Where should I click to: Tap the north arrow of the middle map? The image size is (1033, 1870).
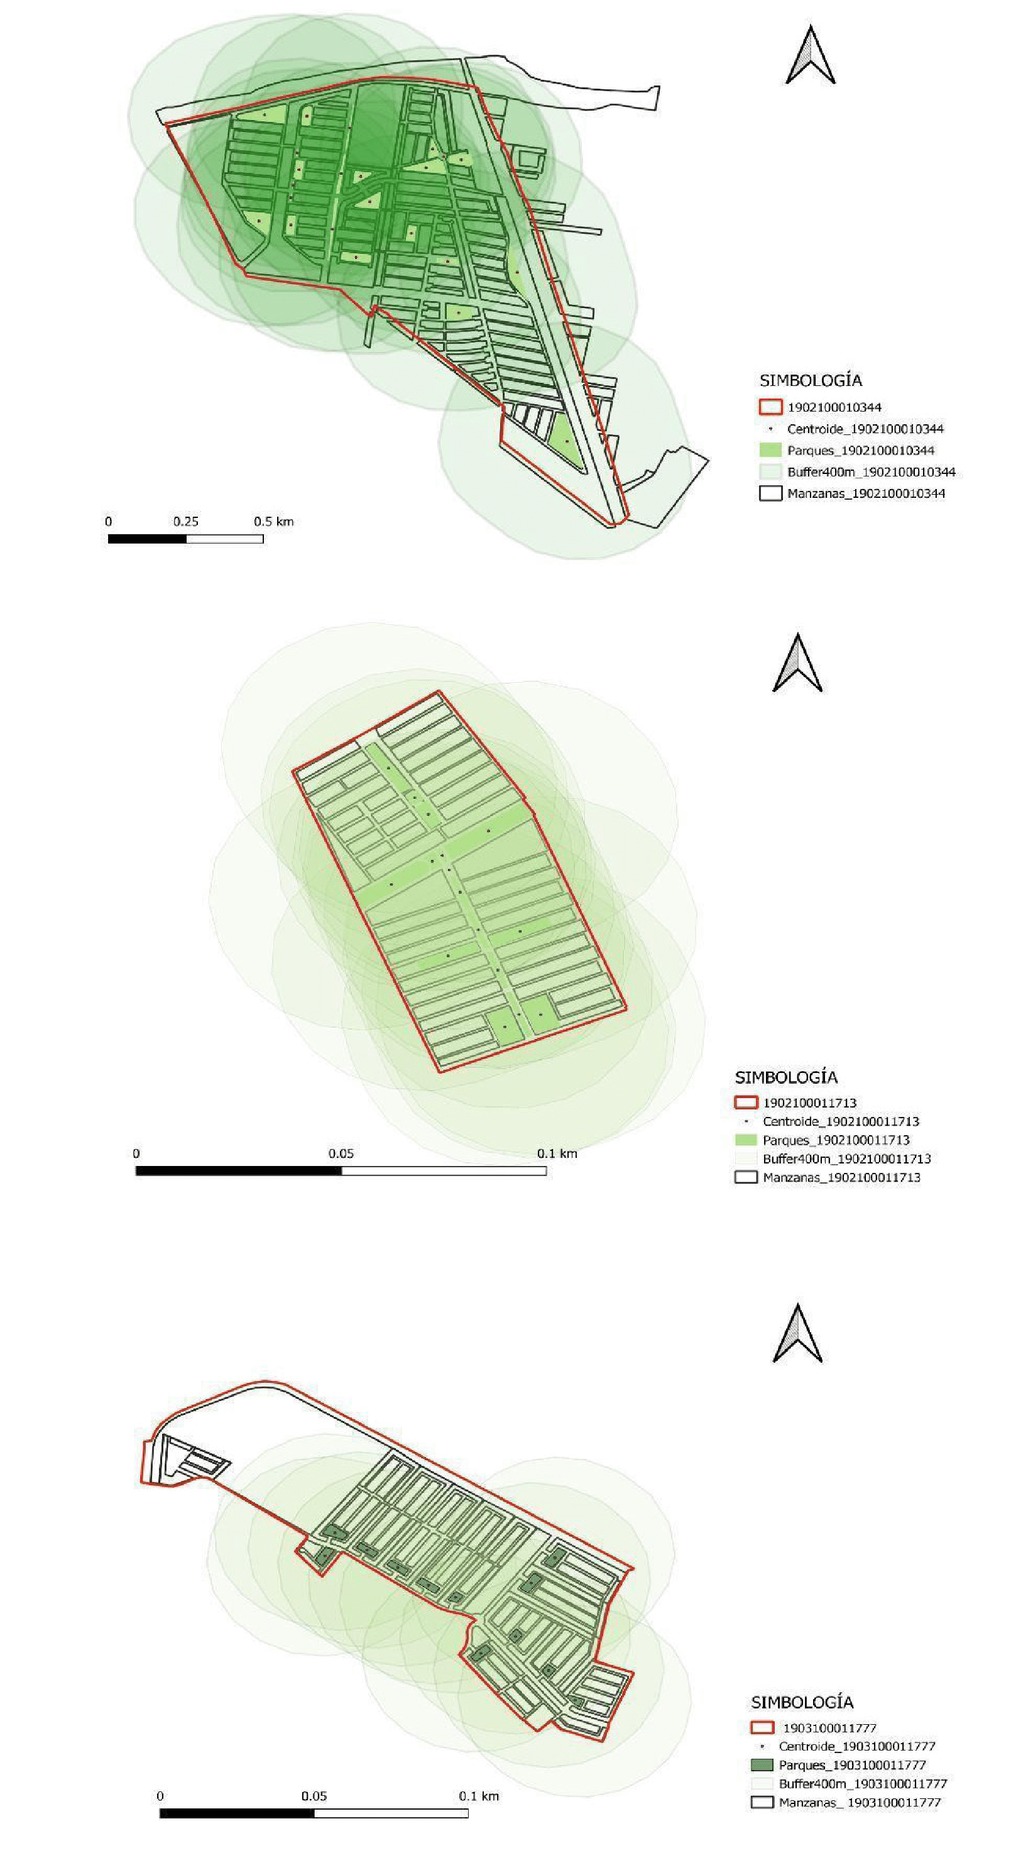pos(797,662)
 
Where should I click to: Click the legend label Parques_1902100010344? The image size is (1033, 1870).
pos(861,450)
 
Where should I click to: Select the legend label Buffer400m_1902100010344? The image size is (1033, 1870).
pos(872,472)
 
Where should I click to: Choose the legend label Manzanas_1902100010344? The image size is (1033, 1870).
pos(866,493)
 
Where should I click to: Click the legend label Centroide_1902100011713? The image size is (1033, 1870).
pos(841,1121)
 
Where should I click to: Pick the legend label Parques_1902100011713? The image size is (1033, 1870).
pos(836,1140)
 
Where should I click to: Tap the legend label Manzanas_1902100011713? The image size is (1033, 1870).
pos(841,1177)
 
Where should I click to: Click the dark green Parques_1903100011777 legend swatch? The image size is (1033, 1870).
pos(762,1765)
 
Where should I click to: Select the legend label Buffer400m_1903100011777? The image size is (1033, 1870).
pos(863,1784)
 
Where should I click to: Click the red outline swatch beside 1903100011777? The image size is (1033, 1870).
pos(762,1728)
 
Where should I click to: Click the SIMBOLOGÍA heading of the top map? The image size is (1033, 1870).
pos(811,380)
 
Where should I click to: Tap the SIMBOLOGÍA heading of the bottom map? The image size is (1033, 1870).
pos(802,1702)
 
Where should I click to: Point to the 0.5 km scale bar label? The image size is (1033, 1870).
pos(273,521)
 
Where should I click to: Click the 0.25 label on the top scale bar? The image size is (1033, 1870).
pos(186,521)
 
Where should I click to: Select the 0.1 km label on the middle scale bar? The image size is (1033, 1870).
pos(557,1153)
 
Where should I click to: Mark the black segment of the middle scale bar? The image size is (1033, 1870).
pos(239,1170)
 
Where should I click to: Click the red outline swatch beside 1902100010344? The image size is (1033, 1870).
pos(771,407)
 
